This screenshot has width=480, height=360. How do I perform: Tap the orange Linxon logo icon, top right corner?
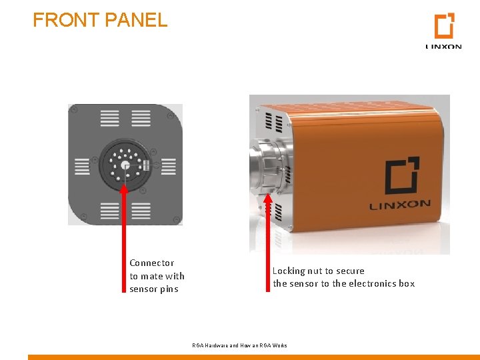click(444, 27)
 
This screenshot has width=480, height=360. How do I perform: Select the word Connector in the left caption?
click(151, 263)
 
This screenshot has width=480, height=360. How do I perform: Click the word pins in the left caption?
click(168, 289)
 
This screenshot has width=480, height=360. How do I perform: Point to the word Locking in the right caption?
click(289, 271)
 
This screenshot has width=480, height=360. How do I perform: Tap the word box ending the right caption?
click(407, 284)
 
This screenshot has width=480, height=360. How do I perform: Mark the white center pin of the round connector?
click(124, 165)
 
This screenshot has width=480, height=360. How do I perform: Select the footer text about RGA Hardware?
click(239, 345)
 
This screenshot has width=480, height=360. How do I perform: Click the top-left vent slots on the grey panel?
click(110, 119)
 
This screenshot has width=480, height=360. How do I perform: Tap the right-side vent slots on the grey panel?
click(169, 166)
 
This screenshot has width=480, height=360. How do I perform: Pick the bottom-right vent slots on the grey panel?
click(141, 211)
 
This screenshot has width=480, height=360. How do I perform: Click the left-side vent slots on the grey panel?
click(81, 166)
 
